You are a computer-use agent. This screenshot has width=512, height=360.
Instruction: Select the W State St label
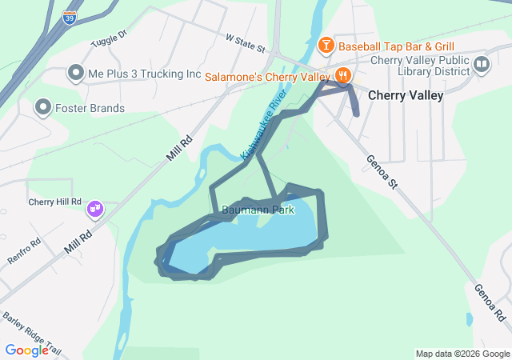click(x=245, y=42)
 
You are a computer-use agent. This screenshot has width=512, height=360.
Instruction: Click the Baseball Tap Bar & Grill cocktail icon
click(x=326, y=46)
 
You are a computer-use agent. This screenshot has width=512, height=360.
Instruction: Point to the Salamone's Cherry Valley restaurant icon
click(x=342, y=76)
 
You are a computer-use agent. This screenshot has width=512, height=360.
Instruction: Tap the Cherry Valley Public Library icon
click(x=481, y=65)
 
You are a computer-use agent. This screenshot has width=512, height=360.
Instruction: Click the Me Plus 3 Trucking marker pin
click(x=76, y=74)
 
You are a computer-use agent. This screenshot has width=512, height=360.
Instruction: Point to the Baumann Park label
click(x=258, y=210)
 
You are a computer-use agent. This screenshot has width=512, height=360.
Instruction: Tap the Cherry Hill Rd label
click(x=55, y=202)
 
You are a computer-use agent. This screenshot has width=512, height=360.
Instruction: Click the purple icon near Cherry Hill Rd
click(x=96, y=209)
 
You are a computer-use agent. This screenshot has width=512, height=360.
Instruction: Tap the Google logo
click(x=26, y=350)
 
